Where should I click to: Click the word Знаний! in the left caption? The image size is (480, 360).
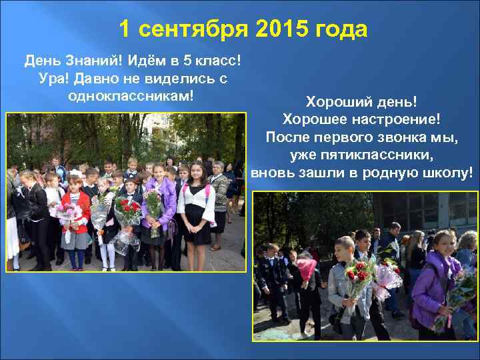click(91, 61)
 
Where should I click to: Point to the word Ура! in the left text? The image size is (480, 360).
click(54, 79)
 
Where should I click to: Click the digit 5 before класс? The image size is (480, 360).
click(187, 61)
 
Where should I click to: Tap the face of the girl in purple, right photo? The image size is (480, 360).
click(441, 242)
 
